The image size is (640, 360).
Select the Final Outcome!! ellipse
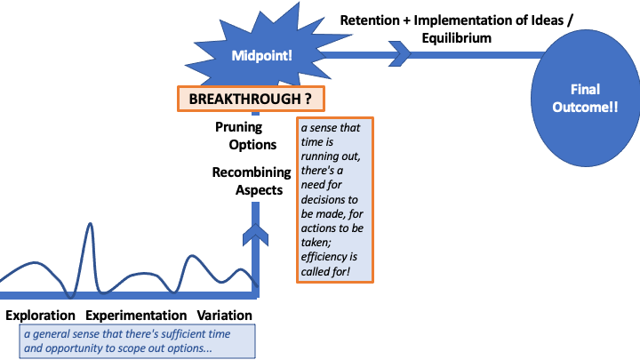click(x=585, y=98)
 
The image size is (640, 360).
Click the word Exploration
click(x=40, y=316)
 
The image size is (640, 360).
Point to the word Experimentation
click(x=136, y=316)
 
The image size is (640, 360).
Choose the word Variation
click(x=224, y=316)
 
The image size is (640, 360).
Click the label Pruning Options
click(x=245, y=135)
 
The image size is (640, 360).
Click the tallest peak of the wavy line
click(x=91, y=226)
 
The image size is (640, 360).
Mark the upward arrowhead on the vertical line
click(x=256, y=236)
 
